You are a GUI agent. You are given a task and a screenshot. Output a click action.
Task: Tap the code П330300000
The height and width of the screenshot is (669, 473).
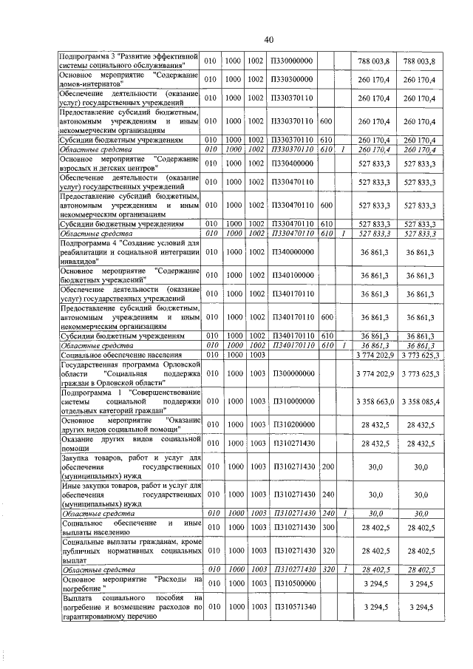pyautogui.click(x=293, y=79)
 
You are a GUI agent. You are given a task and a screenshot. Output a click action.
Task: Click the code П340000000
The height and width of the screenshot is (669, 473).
pyautogui.click(x=293, y=254)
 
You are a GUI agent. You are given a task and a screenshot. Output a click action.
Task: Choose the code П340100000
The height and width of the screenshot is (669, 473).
pyautogui.click(x=293, y=275)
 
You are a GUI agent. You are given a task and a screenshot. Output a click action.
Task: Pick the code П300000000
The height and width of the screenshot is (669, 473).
pyautogui.click(x=293, y=374)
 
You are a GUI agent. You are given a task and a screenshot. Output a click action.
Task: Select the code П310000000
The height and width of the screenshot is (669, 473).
pyautogui.click(x=293, y=401)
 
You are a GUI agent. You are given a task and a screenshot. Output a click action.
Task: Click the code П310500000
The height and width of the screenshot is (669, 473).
pyautogui.click(x=293, y=583)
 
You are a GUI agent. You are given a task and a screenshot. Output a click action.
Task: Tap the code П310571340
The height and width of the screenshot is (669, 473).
pyautogui.click(x=293, y=607)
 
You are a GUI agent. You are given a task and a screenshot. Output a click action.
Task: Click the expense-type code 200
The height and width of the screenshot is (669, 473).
pyautogui.click(x=328, y=468)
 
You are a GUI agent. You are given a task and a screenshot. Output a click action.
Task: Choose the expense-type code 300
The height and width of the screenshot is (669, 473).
pyautogui.click(x=328, y=526)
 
